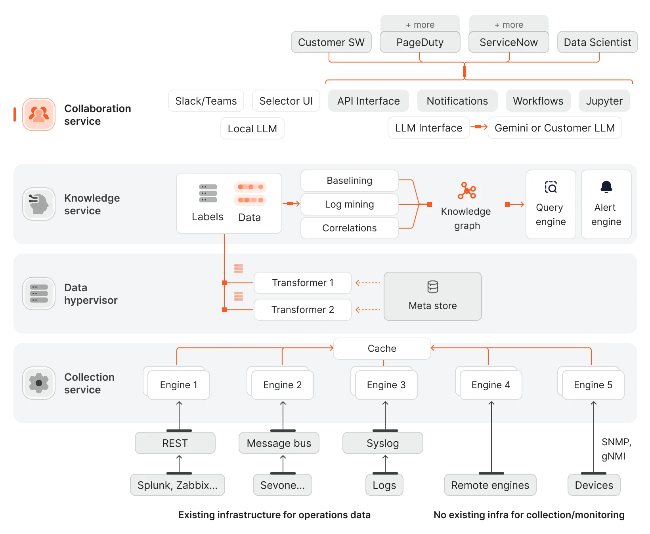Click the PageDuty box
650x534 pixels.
420,42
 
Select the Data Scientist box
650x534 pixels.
597,42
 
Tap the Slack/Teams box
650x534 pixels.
206,101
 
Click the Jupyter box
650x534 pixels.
604,101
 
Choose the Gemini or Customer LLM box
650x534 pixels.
554,128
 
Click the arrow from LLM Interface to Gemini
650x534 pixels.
479,127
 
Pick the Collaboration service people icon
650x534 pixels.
39,114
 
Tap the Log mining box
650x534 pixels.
349,204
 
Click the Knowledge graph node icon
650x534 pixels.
467,191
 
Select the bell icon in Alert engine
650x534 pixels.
606,187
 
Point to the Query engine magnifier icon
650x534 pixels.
551,187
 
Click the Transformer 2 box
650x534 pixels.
302,310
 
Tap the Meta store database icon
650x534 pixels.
432,287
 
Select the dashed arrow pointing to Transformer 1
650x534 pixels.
368,283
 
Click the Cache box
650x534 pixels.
382,349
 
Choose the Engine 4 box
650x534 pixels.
491,385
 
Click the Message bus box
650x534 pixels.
279,443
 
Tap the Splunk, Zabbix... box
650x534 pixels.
177,485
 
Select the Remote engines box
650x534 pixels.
490,485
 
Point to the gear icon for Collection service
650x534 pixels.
39,383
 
